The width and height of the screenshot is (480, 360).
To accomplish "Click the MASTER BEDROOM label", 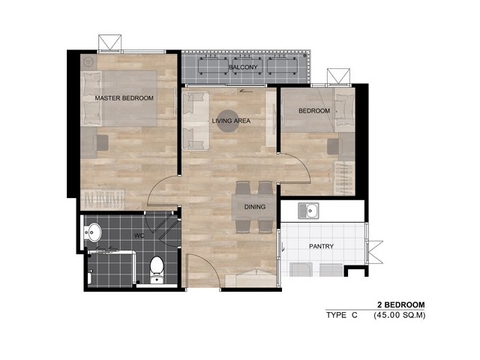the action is point(124,98).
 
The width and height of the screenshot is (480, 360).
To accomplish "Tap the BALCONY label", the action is point(243,67).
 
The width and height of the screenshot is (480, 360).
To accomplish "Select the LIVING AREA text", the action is point(231,121).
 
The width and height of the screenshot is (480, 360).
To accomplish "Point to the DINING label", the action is point(255,207).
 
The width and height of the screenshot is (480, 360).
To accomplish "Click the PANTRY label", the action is point(321,246).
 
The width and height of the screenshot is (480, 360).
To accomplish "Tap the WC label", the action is point(139,235).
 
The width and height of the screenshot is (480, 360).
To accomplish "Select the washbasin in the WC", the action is point(92,232).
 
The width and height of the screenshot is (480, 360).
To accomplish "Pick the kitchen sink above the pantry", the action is point(308,211).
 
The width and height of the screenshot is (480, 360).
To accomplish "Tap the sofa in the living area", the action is point(196,121).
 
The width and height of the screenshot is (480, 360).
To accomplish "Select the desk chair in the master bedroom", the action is point(100,143).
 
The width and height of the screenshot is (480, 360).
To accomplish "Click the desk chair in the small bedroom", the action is point(335,147).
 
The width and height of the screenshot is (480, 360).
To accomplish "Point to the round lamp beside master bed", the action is point(88,62).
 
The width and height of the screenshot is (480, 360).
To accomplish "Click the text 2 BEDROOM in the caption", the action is point(401,305).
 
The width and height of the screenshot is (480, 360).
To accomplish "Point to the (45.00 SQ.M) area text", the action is point(399,315).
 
